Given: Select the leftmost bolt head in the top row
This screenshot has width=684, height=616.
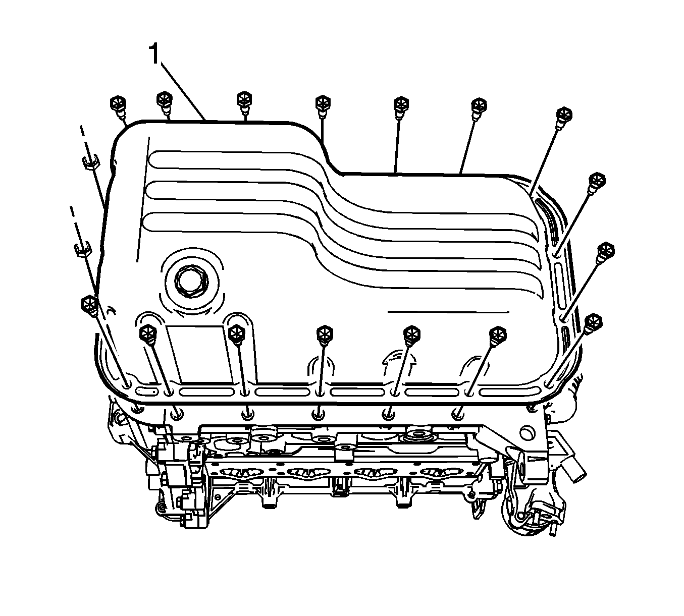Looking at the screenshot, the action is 118,102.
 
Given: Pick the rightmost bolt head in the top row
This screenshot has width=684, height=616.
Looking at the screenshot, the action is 564,115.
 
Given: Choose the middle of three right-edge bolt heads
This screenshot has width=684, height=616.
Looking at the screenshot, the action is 605,251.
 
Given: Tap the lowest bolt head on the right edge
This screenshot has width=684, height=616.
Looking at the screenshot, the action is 593,321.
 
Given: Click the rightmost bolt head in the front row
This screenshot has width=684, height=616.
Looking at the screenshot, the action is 498,334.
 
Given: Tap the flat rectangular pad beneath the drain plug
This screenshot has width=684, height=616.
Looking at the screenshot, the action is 199,354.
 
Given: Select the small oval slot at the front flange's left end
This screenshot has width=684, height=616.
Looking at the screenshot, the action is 146,391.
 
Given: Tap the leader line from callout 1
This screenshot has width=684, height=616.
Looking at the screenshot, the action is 183,91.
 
